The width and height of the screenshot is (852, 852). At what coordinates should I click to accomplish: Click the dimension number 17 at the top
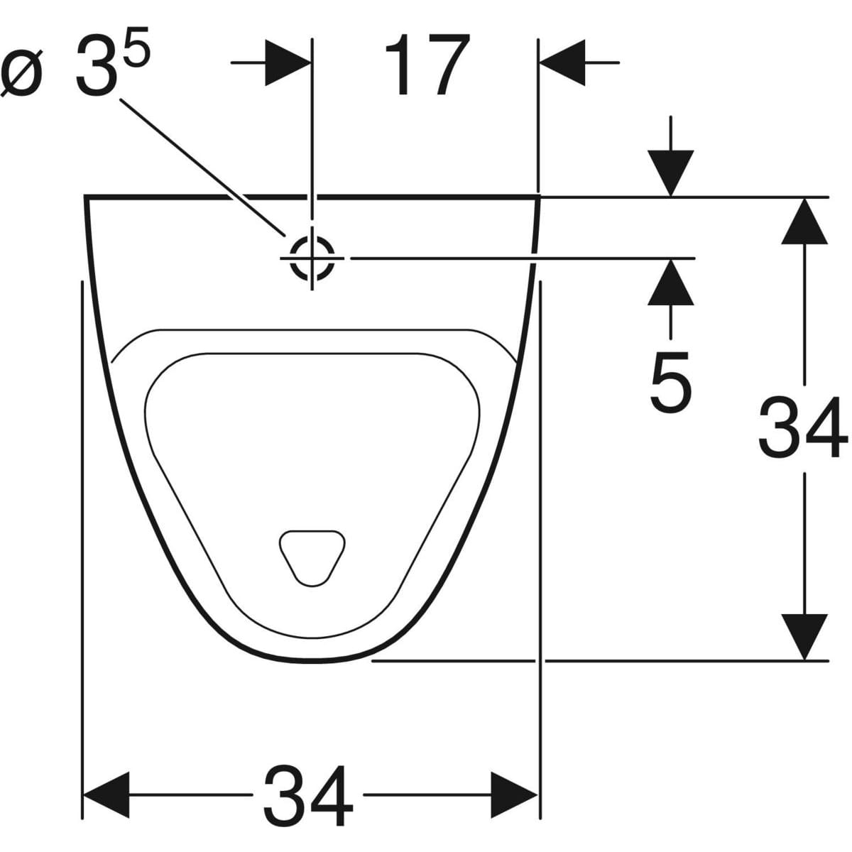click(x=427, y=65)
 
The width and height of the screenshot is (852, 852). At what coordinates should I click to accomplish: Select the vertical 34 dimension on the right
click(x=803, y=428)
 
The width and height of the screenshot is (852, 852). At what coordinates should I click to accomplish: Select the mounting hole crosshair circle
click(x=312, y=258)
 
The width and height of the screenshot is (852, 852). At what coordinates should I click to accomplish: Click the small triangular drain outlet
click(x=312, y=556)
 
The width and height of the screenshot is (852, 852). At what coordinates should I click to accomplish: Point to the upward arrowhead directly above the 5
click(x=670, y=282)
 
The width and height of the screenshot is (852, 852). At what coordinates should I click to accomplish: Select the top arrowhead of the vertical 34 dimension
click(x=804, y=221)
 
